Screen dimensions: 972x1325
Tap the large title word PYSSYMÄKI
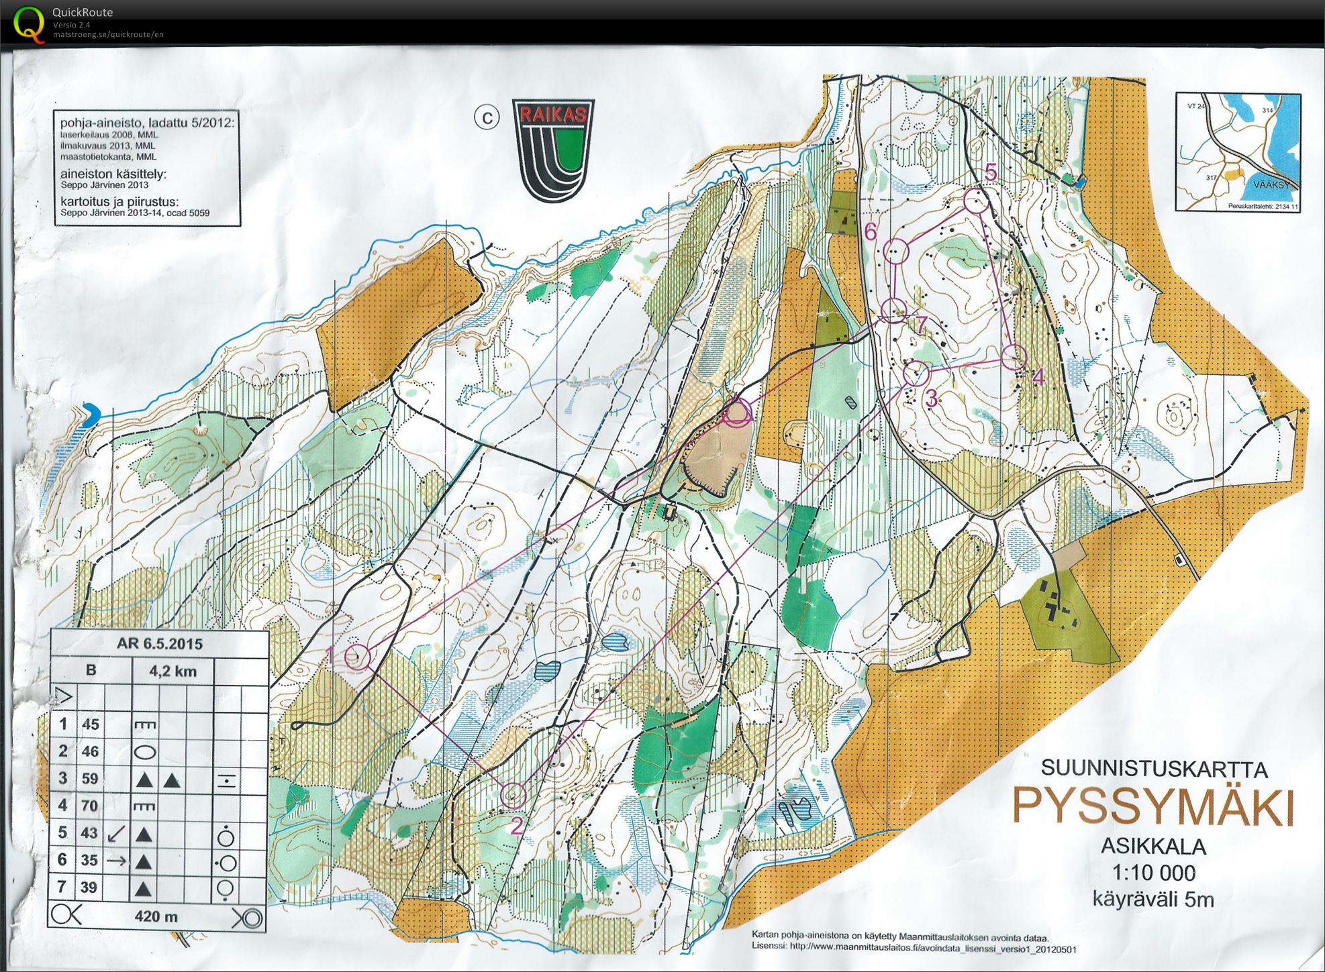(x=1152, y=807)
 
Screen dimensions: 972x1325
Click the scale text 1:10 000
(x=1154, y=873)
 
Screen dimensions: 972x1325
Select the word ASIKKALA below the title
(x=1153, y=847)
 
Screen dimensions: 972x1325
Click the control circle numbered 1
(x=358, y=657)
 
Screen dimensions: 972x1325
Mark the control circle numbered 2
(x=513, y=794)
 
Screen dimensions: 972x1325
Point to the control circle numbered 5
(x=975, y=201)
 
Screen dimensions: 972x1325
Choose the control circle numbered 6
(x=897, y=252)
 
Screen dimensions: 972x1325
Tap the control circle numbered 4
(x=1014, y=357)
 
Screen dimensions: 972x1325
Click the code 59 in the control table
(x=90, y=779)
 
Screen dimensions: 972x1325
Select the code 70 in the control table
(x=90, y=806)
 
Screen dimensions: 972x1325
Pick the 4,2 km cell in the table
(x=173, y=671)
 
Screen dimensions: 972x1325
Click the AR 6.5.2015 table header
(x=160, y=644)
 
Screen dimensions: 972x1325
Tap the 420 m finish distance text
(x=156, y=916)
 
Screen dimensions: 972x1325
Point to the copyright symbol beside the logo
(x=487, y=118)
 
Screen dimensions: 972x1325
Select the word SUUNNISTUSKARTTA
(x=1154, y=769)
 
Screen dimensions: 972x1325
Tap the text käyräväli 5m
(x=1153, y=899)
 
